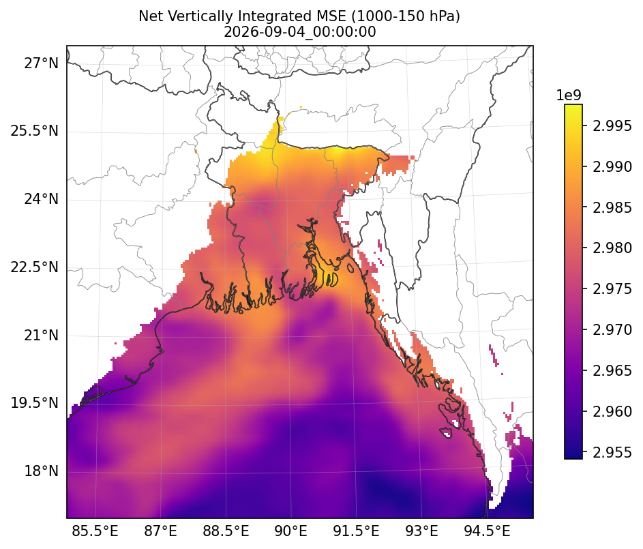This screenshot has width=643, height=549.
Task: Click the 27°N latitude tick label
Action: click(x=42, y=63)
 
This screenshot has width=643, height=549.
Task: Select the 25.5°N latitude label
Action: click(x=35, y=131)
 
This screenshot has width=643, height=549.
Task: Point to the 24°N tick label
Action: click(x=42, y=199)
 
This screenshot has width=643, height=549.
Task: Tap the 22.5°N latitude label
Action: click(x=35, y=267)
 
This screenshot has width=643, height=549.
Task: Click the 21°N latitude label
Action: click(x=42, y=336)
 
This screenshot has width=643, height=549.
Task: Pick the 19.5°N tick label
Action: click(x=35, y=403)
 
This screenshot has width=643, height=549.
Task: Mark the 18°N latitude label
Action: click(x=42, y=471)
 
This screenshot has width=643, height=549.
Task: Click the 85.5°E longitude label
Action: click(x=95, y=531)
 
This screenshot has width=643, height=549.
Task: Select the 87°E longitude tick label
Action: click(x=160, y=531)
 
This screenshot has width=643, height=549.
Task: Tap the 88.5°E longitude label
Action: click(x=226, y=531)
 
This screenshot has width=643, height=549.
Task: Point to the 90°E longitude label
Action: click(x=291, y=531)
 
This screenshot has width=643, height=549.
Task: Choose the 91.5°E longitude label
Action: click(x=357, y=531)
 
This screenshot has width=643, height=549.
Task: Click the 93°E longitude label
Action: click(x=421, y=531)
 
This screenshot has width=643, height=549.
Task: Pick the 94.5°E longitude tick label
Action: click(x=487, y=531)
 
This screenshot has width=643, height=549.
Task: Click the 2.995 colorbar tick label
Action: click(x=612, y=126)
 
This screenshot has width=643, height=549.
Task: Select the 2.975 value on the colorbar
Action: click(x=612, y=289)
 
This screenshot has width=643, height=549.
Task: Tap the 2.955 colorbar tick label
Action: click(x=612, y=452)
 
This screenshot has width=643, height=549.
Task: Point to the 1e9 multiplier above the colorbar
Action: click(x=569, y=95)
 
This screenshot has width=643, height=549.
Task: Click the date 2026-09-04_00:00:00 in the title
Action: click(x=300, y=32)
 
